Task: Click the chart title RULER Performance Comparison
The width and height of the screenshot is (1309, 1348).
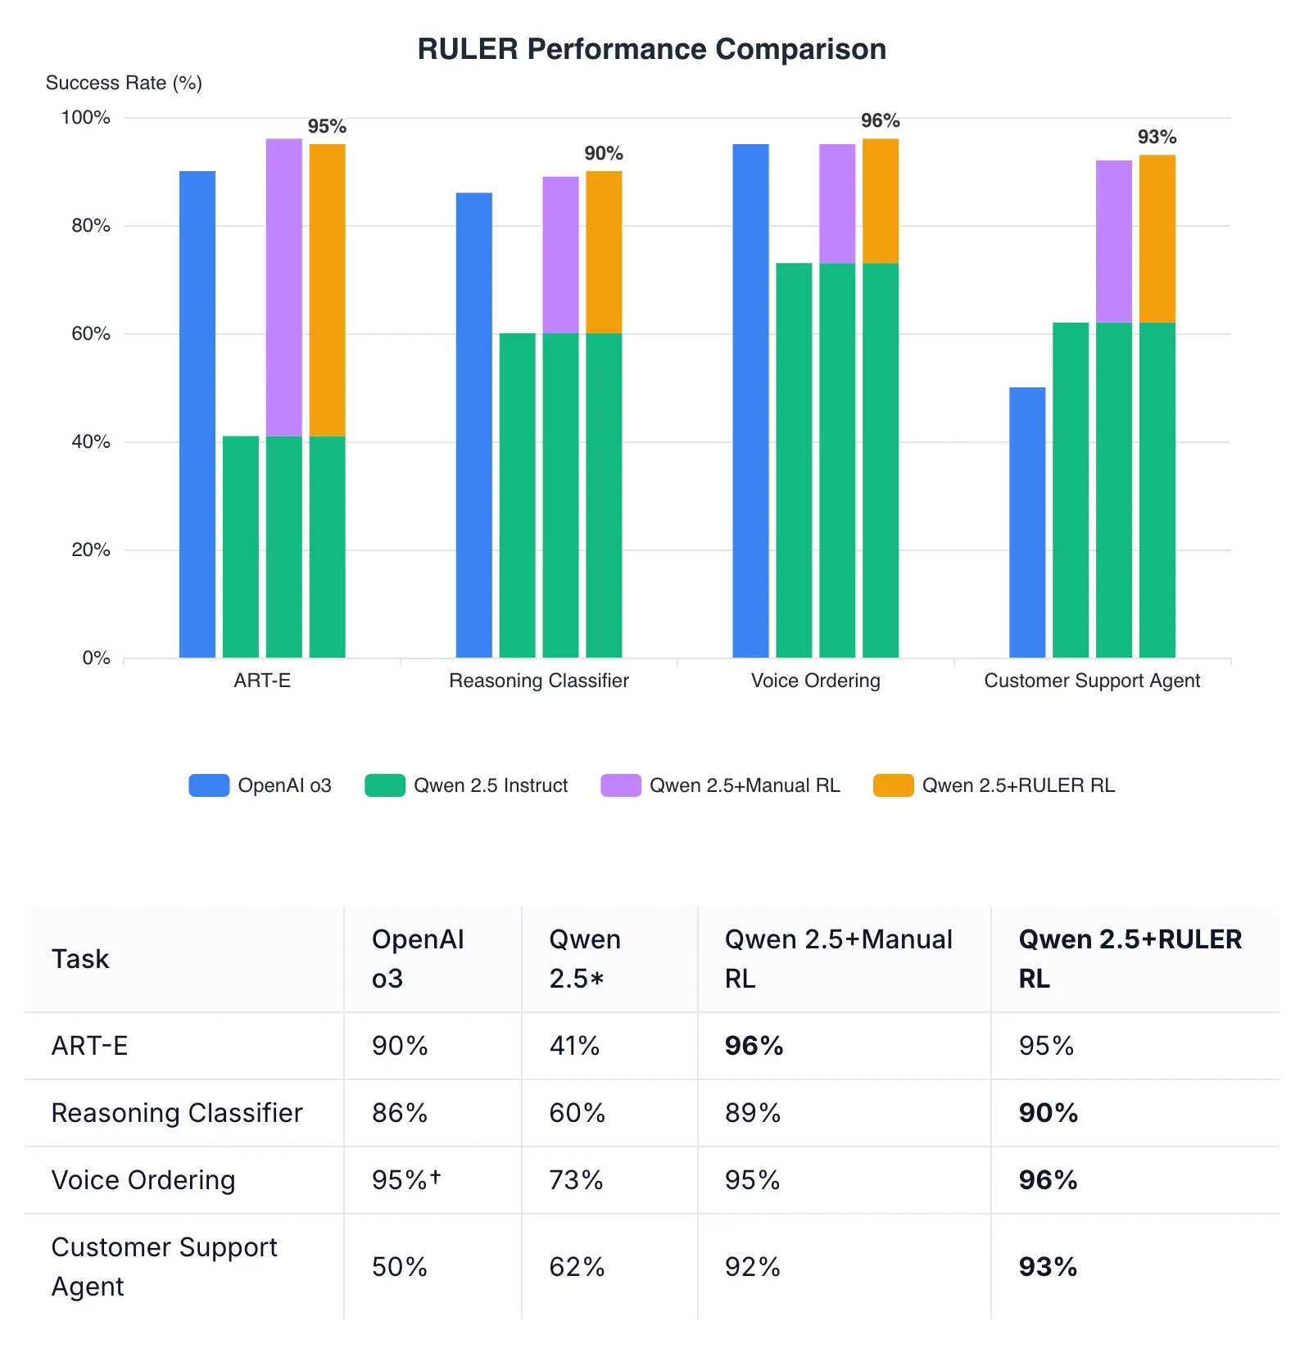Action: tap(651, 49)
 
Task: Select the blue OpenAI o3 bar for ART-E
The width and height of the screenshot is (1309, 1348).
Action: tap(197, 414)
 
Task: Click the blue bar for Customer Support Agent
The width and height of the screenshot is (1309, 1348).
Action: tap(1027, 522)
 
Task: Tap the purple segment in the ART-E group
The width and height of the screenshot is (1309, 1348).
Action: tap(284, 287)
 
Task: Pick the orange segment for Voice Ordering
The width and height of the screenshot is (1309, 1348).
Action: tap(881, 201)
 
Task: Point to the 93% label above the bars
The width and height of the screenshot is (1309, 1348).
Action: tap(1157, 137)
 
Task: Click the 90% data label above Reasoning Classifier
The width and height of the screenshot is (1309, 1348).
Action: tap(604, 153)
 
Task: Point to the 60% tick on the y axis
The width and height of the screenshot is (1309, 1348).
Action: tap(91, 333)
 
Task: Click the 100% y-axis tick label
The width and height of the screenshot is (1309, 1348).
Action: tap(86, 117)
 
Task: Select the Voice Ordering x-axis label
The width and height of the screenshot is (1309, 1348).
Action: tap(815, 681)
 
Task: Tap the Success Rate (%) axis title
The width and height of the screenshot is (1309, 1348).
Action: tap(124, 83)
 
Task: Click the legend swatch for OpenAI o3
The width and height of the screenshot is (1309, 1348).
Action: tap(209, 785)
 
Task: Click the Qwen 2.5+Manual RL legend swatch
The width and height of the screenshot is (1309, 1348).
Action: tap(620, 785)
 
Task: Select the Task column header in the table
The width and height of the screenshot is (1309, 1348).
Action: tap(80, 959)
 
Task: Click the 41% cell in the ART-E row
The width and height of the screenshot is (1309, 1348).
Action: tap(574, 1046)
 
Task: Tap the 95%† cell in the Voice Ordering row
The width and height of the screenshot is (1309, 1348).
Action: tap(406, 1180)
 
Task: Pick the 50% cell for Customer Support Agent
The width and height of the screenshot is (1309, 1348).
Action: tap(400, 1267)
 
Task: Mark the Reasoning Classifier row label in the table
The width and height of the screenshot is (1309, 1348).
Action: tap(177, 1113)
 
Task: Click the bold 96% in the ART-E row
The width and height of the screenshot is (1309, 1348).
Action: tap(754, 1046)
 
